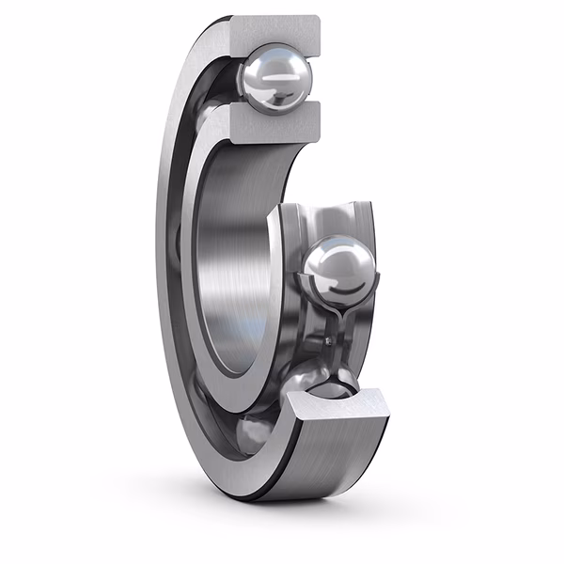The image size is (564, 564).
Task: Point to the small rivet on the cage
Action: [x=330, y=338]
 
